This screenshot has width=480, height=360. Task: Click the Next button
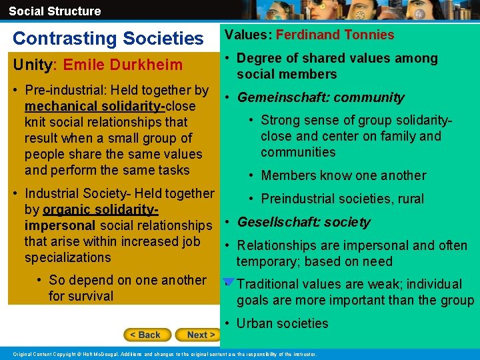[x=200, y=335]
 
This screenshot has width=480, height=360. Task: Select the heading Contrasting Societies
[x=108, y=39]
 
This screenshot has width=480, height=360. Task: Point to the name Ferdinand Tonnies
[x=335, y=35]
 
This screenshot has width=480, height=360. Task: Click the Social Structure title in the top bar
[x=55, y=11]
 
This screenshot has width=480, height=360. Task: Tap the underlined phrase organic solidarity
[x=100, y=209]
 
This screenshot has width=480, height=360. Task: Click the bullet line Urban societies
[x=282, y=323]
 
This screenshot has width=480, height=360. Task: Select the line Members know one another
[x=343, y=175]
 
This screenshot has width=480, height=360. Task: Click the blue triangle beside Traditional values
[x=228, y=282]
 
